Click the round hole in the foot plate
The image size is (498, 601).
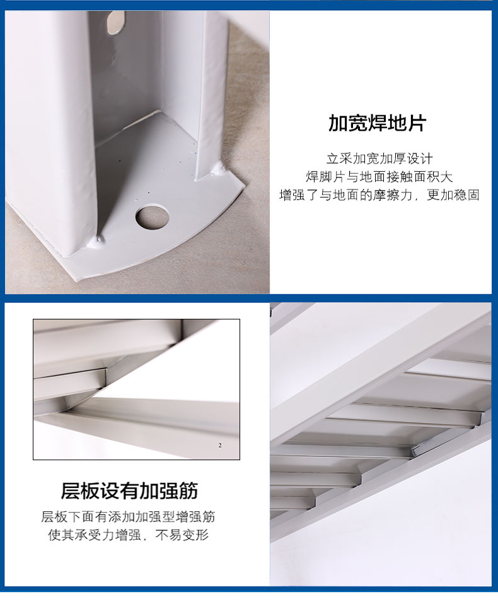click(x=152, y=217)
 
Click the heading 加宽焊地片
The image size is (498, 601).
click(x=378, y=123)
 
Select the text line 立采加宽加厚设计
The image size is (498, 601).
click(x=379, y=158)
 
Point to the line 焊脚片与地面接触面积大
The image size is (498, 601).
click(x=379, y=177)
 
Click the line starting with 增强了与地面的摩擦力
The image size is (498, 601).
click(x=379, y=195)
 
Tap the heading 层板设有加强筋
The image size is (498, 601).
click(x=129, y=491)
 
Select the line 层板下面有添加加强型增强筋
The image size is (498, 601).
click(x=128, y=516)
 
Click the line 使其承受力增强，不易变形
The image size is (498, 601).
click(x=128, y=535)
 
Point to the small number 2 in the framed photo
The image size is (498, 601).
click(x=220, y=446)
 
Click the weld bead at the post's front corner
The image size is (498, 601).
click(x=100, y=240)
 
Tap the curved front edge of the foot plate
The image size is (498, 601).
click(x=165, y=249)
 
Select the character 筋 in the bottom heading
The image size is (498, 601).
click(x=188, y=491)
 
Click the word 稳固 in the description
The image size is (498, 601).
click(x=466, y=195)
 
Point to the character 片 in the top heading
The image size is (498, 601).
click(x=417, y=123)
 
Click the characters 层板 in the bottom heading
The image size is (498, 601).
click(x=81, y=491)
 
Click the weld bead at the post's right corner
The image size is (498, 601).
click(x=219, y=167)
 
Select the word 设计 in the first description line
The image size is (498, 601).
click(x=420, y=158)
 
